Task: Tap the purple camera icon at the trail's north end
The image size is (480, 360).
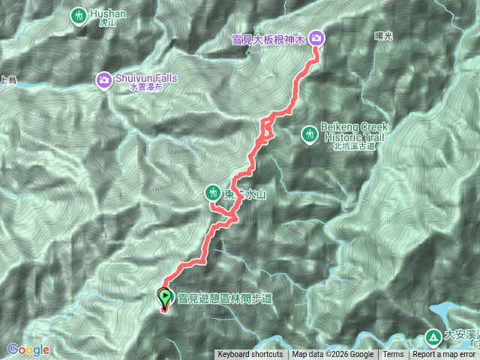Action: (316, 37)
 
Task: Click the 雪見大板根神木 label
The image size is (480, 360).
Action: (269, 38)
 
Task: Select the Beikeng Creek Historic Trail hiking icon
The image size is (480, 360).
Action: (308, 134)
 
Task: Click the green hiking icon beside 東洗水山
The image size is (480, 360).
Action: (214, 193)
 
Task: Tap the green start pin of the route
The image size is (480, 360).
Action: (165, 297)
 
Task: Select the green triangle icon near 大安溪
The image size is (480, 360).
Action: (433, 336)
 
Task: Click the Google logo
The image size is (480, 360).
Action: (28, 349)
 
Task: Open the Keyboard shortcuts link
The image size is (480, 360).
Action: (250, 355)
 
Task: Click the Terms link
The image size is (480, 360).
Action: (393, 355)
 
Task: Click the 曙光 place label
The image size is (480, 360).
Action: (383, 34)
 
